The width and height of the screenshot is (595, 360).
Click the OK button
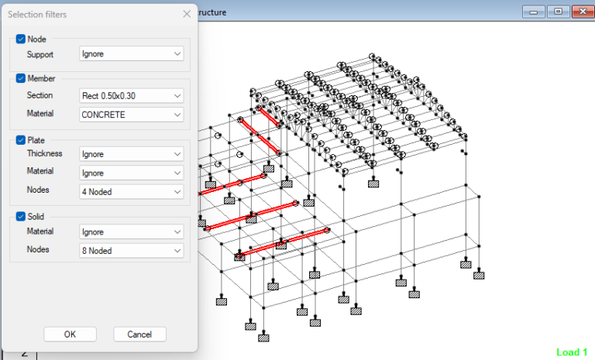[70, 334]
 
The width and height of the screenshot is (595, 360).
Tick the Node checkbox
[21, 39]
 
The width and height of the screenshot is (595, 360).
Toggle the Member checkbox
[21, 78]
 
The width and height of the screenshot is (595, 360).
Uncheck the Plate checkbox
[21, 140]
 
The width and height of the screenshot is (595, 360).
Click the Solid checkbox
[21, 216]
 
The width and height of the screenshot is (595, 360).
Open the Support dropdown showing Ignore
[132, 54]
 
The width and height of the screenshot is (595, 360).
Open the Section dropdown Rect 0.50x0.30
[132, 96]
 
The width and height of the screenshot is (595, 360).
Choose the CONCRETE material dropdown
[132, 115]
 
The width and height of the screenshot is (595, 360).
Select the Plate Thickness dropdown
[132, 154]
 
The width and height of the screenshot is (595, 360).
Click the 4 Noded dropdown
[132, 191]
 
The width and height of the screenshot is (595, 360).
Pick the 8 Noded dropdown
[132, 251]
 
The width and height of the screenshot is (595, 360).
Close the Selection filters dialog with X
[187, 14]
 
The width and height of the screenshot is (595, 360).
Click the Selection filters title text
[36, 14]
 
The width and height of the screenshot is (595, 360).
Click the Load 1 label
[572, 352]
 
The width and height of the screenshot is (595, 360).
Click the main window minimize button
[533, 12]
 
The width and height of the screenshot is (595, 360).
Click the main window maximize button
[557, 12]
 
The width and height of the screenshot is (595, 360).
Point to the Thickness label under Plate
[44, 154]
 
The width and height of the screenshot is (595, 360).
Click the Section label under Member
[40, 96]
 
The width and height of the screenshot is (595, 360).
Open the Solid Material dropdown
[132, 231]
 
